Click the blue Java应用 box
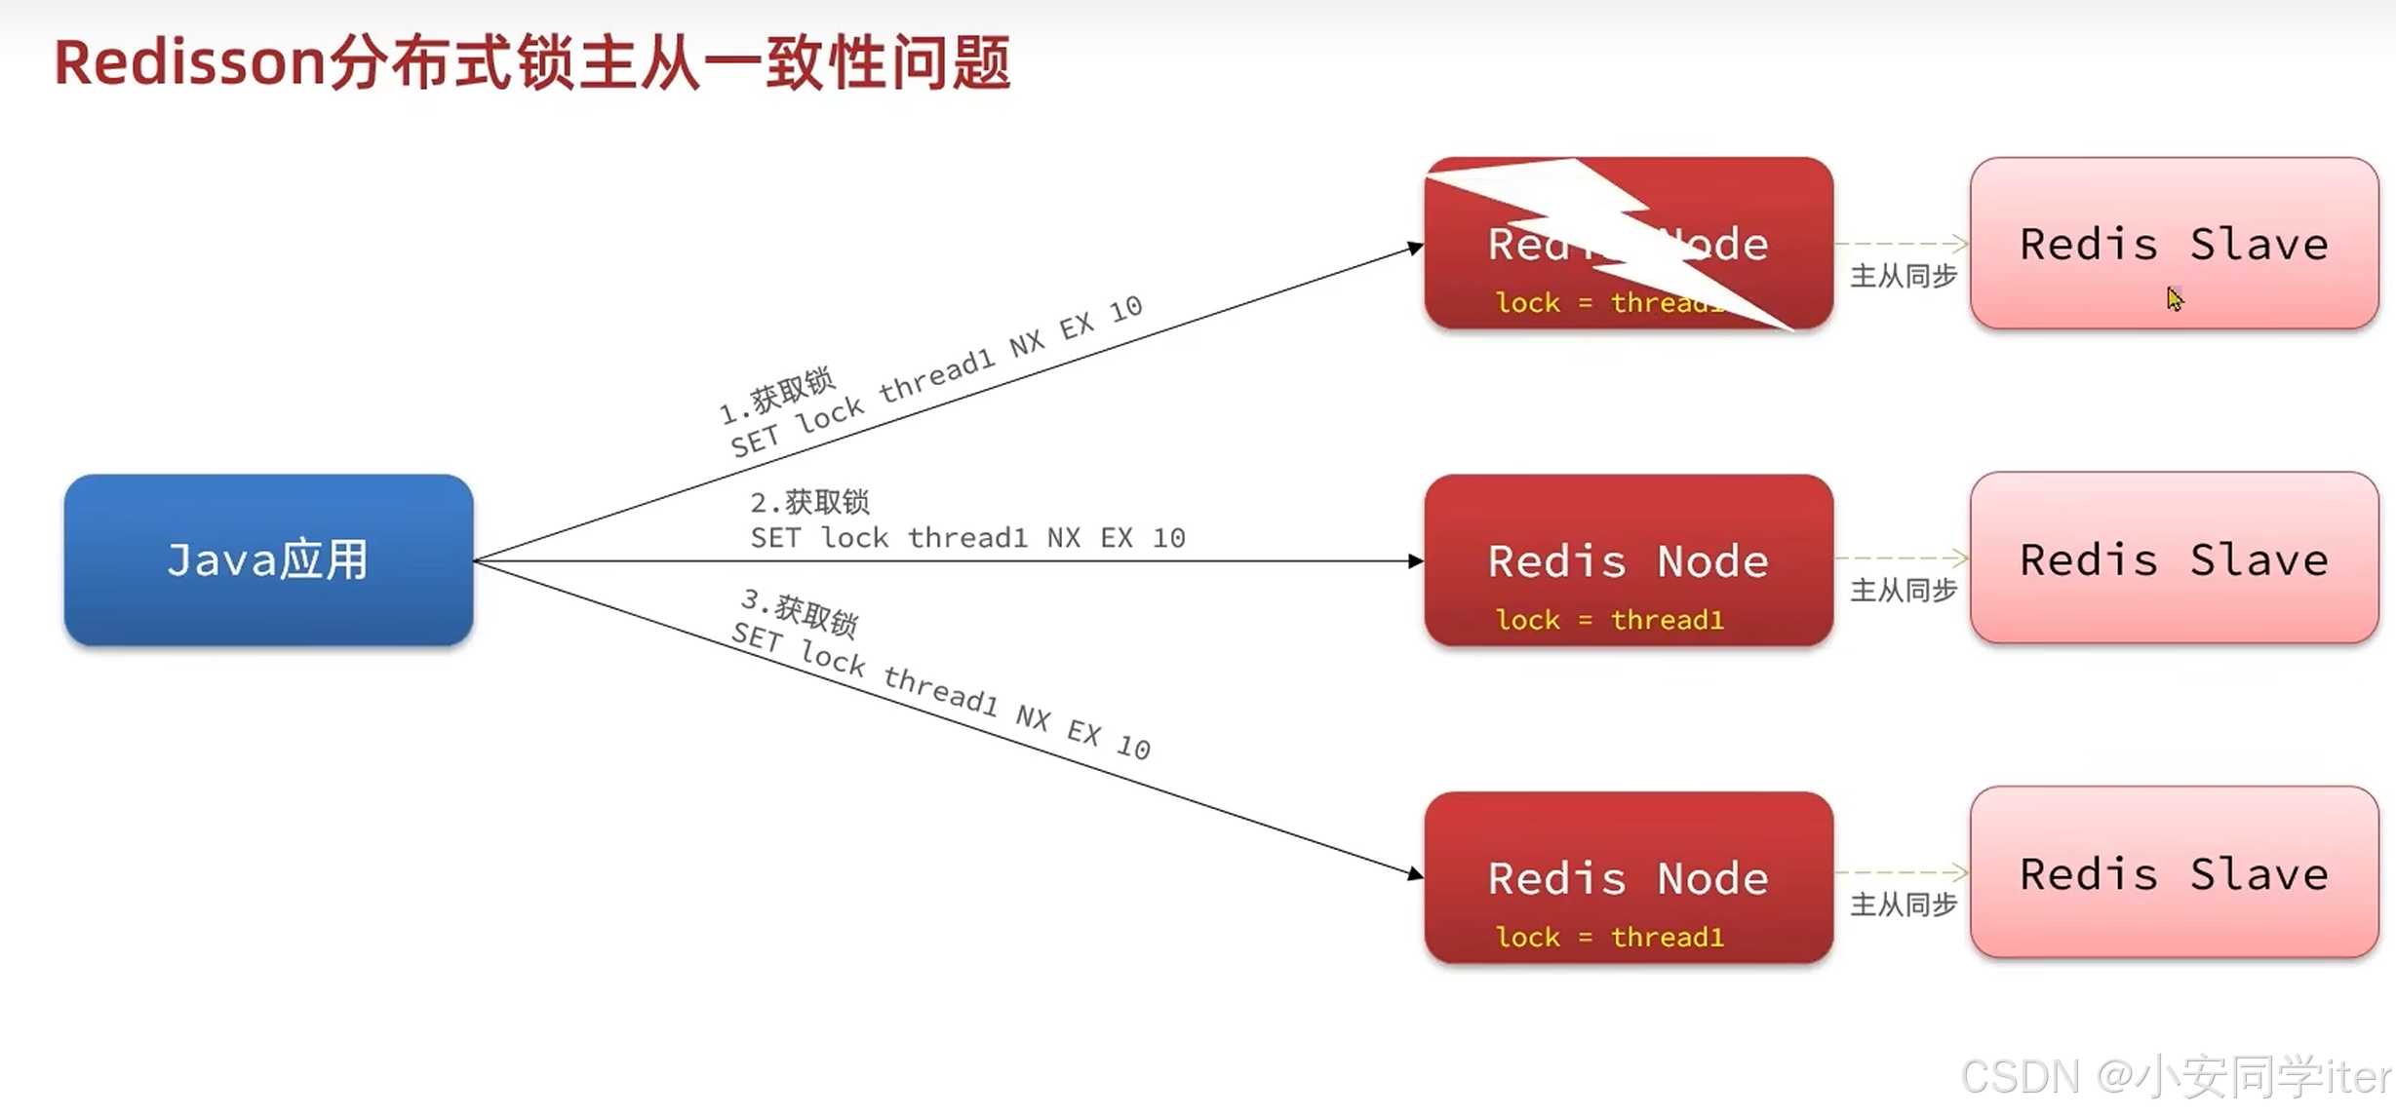tap(268, 559)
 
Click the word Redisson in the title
tap(189, 63)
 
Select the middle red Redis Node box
tap(1628, 559)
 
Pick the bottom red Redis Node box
tap(1628, 876)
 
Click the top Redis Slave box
tap(2174, 243)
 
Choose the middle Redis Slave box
tap(2174, 558)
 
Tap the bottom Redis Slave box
tap(2174, 873)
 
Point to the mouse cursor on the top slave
tap(2174, 298)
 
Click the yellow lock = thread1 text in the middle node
tap(1610, 620)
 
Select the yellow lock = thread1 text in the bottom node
tap(1610, 937)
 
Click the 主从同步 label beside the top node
tap(1904, 277)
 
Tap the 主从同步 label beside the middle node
tap(1904, 591)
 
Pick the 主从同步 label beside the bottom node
tap(1904, 905)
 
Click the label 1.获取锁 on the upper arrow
tap(777, 396)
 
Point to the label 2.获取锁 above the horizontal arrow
tap(809, 502)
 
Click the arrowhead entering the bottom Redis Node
tap(1415, 873)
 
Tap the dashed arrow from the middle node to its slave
tap(1902, 558)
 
